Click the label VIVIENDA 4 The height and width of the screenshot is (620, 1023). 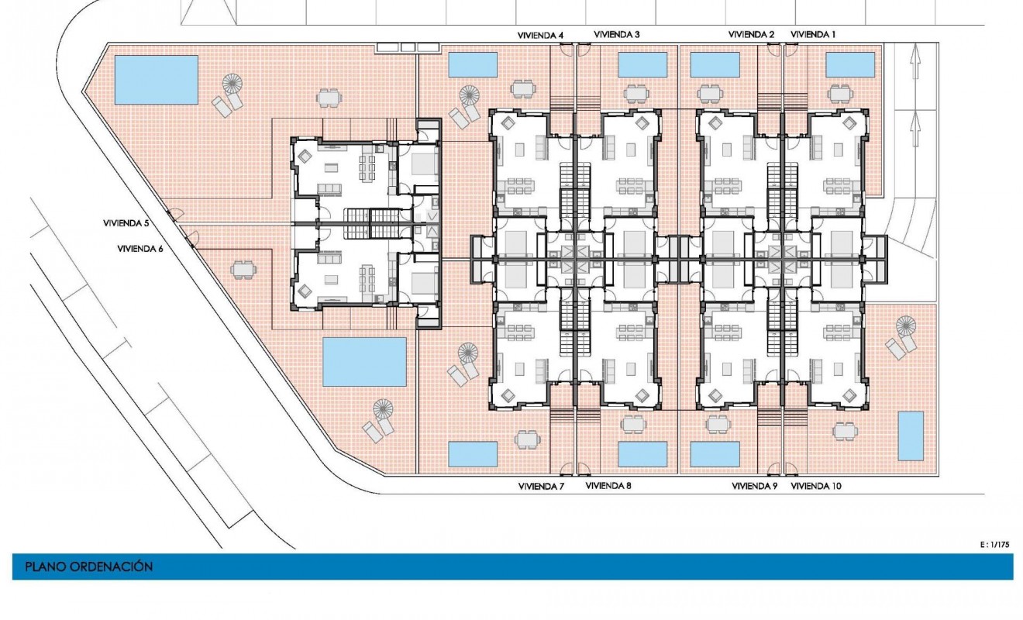tap(540, 35)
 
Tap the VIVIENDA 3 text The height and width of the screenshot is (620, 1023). tap(617, 35)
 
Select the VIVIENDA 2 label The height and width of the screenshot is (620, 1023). tap(751, 35)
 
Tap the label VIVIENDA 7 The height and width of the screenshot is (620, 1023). tap(541, 487)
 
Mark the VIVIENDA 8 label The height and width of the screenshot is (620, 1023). tap(608, 487)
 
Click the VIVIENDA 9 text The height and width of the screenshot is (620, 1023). tap(755, 487)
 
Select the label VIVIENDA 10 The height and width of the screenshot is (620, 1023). tap(816, 487)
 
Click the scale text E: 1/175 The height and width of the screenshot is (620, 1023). tap(996, 545)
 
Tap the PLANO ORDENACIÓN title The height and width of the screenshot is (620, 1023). tap(88, 567)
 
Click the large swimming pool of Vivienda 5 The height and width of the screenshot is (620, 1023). tap(157, 79)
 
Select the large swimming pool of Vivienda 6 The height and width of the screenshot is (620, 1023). tap(364, 361)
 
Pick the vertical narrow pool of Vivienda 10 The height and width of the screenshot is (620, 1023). tap(911, 436)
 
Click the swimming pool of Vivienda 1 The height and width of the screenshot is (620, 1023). tap(850, 65)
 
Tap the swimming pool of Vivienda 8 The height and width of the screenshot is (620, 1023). tap(642, 454)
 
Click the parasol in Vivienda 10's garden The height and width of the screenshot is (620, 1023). tap(904, 325)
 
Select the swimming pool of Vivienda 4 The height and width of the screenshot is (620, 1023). tap(473, 65)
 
